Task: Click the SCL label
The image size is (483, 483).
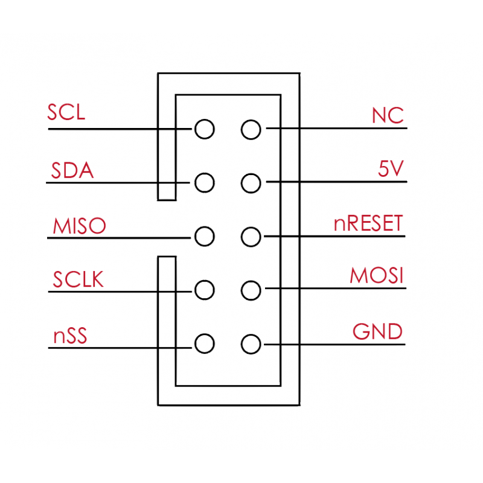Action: point(66,112)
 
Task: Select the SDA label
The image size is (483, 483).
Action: point(72,171)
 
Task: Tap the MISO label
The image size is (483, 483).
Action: point(79,226)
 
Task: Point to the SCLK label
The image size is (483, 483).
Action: point(78,280)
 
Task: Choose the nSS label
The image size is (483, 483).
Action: point(70,335)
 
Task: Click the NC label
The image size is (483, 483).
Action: point(388,115)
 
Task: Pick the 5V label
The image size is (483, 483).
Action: point(390,170)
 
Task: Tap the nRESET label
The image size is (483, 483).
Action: point(368,224)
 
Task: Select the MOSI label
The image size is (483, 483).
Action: point(377,276)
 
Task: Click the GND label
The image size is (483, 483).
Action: point(378,331)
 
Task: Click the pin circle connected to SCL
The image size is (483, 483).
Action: point(205,129)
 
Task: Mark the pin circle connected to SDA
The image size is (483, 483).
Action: point(205,182)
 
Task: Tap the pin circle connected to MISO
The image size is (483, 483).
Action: point(205,236)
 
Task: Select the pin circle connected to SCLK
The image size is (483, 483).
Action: point(205,290)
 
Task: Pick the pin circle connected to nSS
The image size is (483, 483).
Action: point(205,344)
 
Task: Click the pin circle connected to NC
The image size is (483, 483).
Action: point(251,129)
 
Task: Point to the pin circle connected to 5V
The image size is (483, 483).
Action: point(251,182)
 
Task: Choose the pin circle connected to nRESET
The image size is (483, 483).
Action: point(251,236)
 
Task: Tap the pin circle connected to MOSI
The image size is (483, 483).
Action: point(251,290)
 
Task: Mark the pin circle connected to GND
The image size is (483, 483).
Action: point(251,344)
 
